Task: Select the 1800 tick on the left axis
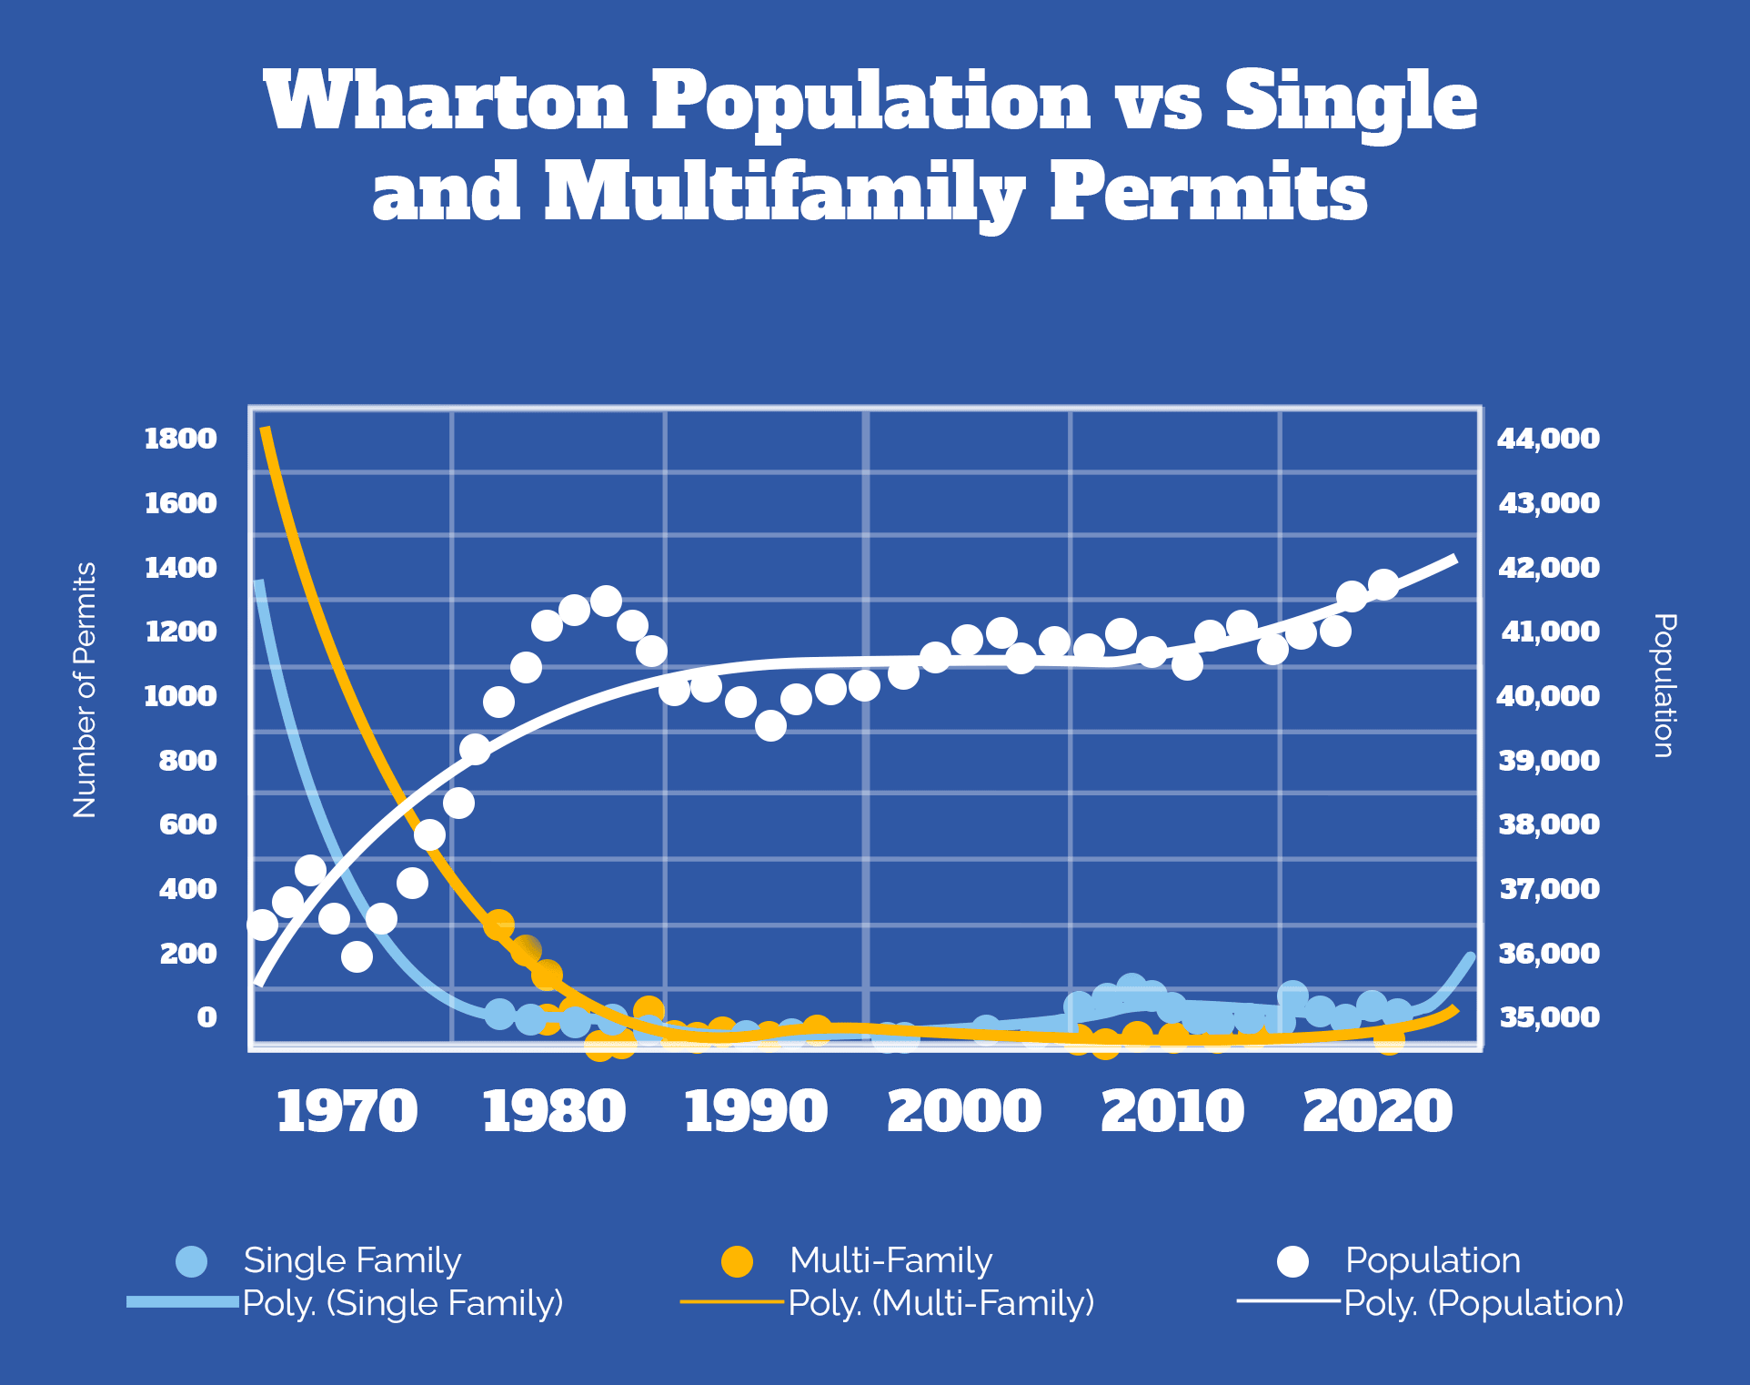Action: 181,439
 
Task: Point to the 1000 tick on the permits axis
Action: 181,696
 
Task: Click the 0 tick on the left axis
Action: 206,1017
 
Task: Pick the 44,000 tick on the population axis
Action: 1548,439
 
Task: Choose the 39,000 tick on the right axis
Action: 1548,761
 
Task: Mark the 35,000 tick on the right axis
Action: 1548,1017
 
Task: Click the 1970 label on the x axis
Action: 347,1112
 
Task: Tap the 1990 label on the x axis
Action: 756,1112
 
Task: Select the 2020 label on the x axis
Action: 1377,1112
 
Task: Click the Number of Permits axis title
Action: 85,690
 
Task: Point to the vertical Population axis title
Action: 1664,685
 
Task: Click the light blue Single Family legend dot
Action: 192,1261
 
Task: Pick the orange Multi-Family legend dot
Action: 737,1261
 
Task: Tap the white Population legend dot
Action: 1292,1261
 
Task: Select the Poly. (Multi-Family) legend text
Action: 940,1303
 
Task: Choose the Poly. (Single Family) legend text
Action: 403,1303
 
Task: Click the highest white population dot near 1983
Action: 606,602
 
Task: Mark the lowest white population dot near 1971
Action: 357,956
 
